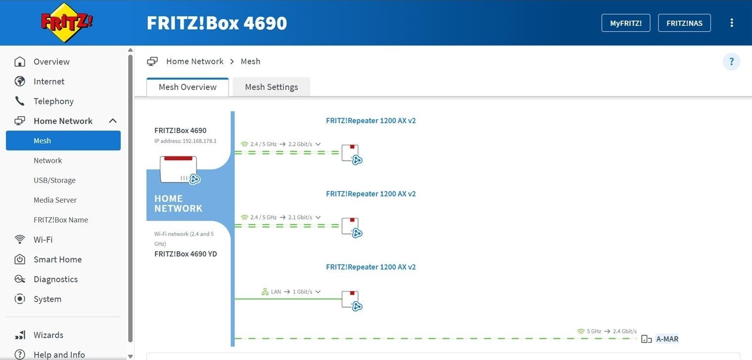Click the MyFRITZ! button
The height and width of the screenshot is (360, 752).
(x=625, y=23)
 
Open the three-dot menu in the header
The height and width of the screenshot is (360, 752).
(x=732, y=23)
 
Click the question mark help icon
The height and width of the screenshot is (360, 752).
(x=731, y=62)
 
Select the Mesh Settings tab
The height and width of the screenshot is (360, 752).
(x=271, y=87)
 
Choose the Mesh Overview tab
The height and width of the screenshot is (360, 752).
(x=188, y=87)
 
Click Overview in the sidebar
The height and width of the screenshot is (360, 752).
(x=51, y=62)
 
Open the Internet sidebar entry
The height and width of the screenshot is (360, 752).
(x=49, y=82)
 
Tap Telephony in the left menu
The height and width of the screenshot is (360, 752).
(x=53, y=101)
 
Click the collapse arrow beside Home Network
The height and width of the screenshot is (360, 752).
(x=113, y=121)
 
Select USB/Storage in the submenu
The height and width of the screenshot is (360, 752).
(x=54, y=180)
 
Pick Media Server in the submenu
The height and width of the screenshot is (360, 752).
(x=55, y=200)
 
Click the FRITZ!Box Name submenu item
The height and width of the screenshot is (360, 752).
(x=61, y=220)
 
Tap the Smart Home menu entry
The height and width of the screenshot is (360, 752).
(x=57, y=260)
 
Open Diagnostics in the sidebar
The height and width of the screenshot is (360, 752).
(x=55, y=279)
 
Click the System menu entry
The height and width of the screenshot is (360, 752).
(x=47, y=299)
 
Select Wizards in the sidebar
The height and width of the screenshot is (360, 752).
(x=48, y=335)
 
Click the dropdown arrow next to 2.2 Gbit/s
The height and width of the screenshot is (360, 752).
(x=318, y=144)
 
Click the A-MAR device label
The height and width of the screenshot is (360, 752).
(x=667, y=339)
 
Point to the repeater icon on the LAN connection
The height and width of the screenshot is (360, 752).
(x=351, y=300)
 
